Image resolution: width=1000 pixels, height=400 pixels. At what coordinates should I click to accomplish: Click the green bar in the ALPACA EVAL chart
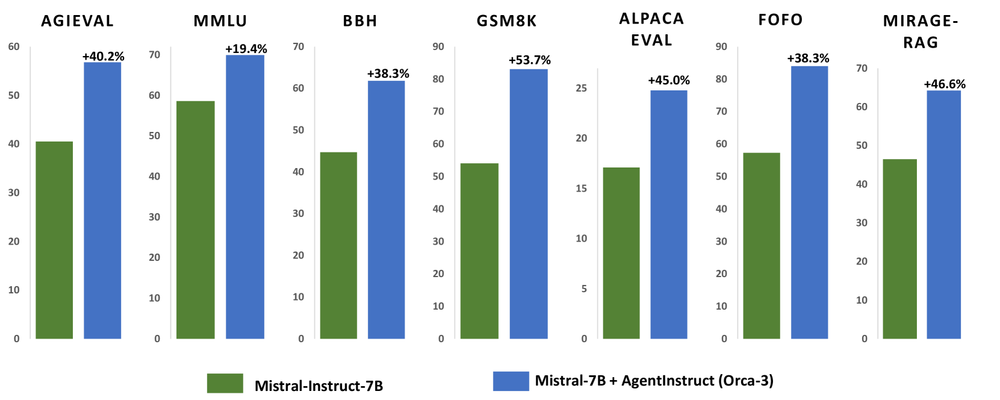(x=621, y=253)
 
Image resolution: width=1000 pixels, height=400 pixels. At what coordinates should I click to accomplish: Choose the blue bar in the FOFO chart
(x=809, y=202)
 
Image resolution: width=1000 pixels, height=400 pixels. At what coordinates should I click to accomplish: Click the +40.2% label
(x=104, y=56)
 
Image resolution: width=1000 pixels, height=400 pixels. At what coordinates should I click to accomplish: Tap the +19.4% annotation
(x=246, y=49)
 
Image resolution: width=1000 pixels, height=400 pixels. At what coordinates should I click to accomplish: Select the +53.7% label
(x=530, y=60)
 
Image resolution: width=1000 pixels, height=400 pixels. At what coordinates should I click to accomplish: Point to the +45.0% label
(x=669, y=80)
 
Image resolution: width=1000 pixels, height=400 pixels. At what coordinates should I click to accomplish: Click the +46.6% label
(x=945, y=84)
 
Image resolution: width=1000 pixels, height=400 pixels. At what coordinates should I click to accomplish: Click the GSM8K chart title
(x=506, y=21)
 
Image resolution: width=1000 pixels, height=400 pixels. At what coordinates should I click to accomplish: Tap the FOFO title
(x=780, y=20)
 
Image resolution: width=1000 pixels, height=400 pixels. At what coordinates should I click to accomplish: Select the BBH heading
(x=360, y=21)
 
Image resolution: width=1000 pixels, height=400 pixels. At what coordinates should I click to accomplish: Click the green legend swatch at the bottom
(x=225, y=383)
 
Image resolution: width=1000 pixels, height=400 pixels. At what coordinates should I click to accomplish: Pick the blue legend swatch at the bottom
(x=511, y=381)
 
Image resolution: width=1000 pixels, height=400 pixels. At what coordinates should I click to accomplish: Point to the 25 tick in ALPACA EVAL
(x=581, y=88)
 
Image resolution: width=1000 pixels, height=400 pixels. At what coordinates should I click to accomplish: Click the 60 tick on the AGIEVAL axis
(x=14, y=46)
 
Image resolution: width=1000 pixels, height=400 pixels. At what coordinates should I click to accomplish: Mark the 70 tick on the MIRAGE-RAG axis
(x=862, y=68)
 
